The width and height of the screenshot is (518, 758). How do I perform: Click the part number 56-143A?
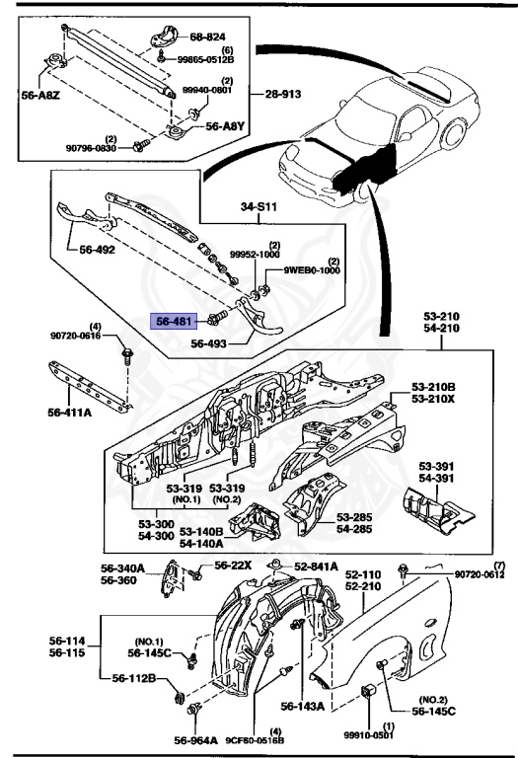(300, 707)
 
